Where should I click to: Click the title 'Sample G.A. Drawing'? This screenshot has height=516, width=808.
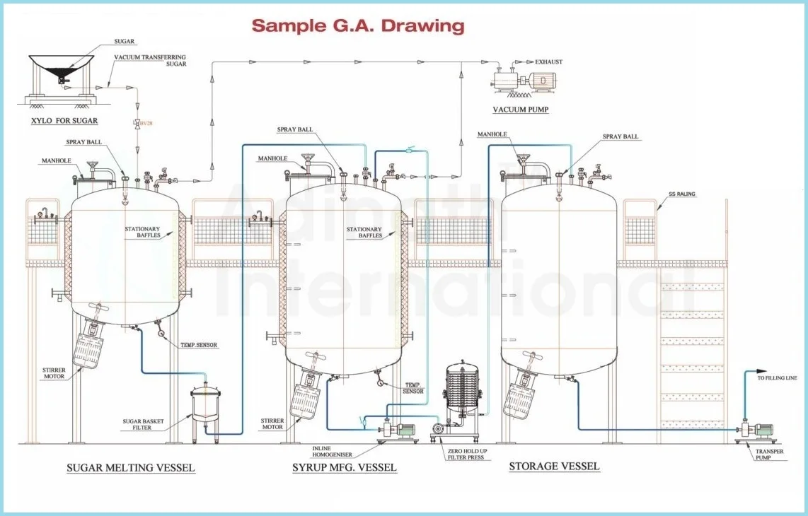(x=358, y=26)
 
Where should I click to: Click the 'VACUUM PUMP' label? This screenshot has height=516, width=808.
(x=520, y=110)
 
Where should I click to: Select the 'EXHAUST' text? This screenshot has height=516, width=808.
(x=548, y=62)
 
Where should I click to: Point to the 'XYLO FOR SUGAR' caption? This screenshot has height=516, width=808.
(x=64, y=121)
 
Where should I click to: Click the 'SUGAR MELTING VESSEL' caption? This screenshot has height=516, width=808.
(x=130, y=468)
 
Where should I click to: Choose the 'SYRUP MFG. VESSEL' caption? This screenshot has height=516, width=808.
(x=345, y=468)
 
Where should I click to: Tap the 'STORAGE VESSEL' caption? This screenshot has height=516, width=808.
(x=554, y=467)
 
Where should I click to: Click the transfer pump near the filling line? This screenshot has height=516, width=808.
(x=754, y=430)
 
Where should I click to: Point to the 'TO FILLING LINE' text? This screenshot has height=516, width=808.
(x=777, y=378)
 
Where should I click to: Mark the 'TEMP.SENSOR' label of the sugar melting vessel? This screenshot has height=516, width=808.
(x=199, y=345)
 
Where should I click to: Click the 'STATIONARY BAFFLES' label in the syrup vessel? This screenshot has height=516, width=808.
(x=364, y=233)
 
